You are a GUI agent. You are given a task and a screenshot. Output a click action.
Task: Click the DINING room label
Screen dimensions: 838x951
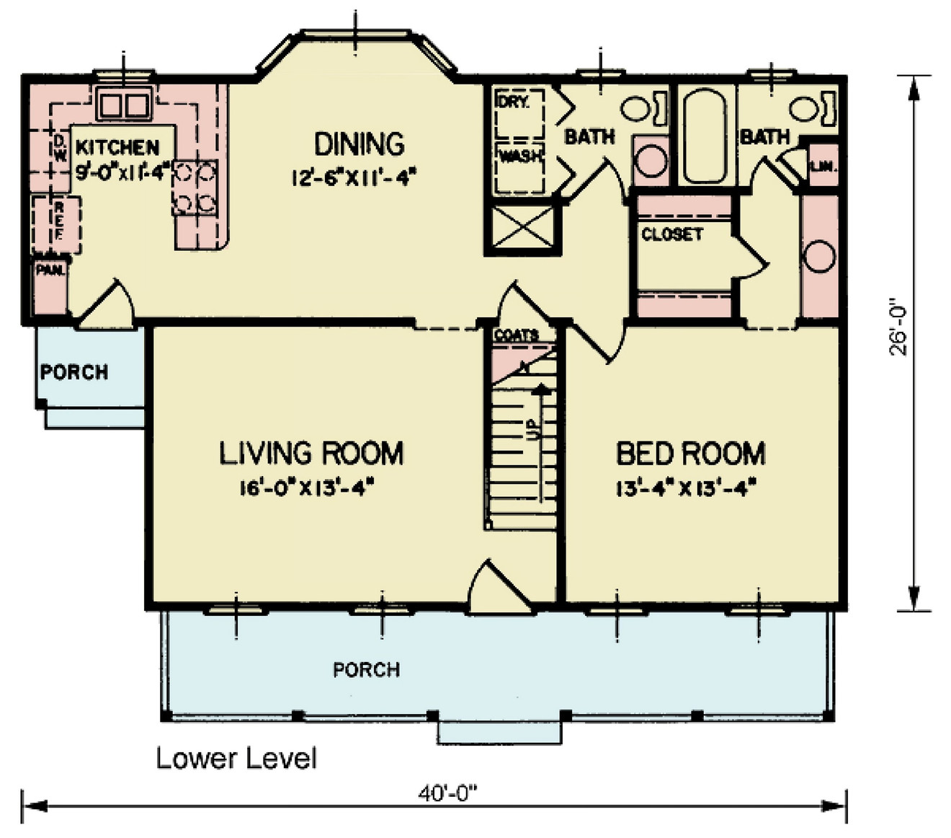tap(359, 144)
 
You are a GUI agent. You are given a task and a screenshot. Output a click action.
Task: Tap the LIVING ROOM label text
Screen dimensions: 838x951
tap(311, 454)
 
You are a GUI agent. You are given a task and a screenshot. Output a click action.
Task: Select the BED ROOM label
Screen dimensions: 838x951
tap(690, 454)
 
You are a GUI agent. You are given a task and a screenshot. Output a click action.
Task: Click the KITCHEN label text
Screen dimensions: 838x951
tap(117, 148)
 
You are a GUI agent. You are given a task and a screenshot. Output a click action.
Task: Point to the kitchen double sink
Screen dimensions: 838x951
tap(124, 105)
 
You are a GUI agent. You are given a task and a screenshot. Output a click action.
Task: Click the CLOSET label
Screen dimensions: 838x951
tap(671, 234)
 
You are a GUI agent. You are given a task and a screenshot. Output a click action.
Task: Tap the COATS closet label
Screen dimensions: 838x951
tap(517, 335)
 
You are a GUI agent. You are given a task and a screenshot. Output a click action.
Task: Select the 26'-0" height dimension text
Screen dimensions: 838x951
tap(899, 328)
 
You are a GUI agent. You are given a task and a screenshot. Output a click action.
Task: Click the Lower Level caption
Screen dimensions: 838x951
tap(236, 758)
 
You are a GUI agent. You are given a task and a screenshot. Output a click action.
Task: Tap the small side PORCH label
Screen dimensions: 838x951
tap(74, 372)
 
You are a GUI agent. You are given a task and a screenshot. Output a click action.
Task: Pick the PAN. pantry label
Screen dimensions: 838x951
tap(51, 271)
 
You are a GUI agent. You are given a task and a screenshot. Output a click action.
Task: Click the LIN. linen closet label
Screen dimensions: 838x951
tap(822, 166)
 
